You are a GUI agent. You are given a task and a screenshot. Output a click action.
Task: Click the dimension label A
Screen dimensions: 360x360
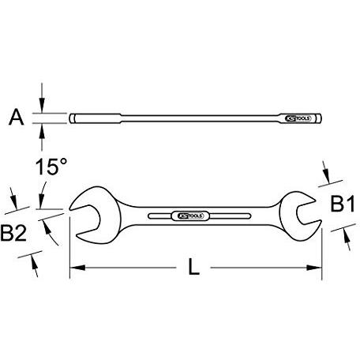coord(14,119)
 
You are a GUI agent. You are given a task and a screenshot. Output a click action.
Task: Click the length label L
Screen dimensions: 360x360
coord(193,268)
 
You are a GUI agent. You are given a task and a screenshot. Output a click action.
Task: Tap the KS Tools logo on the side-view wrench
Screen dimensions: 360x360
coord(301,119)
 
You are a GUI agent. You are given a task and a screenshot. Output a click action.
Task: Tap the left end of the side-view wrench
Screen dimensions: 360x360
coord(72,119)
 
